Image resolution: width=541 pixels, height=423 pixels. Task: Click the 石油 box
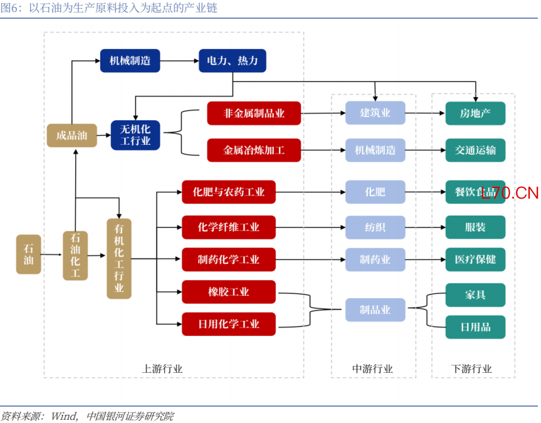tap(28, 254)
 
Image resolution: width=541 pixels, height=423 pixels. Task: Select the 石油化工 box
tap(75, 255)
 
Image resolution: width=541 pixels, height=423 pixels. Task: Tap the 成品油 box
tap(71, 135)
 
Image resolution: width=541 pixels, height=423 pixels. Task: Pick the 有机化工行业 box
tap(119, 258)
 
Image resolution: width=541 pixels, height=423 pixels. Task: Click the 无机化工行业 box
tap(135, 135)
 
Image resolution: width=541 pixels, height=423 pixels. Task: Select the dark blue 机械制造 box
tap(130, 61)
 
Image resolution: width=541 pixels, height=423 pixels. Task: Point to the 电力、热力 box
tap(232, 61)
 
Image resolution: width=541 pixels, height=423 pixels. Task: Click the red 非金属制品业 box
tap(254, 113)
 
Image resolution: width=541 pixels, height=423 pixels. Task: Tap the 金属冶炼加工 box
tap(254, 150)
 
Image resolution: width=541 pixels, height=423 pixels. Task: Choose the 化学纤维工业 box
tap(229, 227)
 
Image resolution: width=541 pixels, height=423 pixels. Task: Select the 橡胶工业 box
tap(229, 292)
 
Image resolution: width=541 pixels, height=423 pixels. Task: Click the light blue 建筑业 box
tap(375, 113)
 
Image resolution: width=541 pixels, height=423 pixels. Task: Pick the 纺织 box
tap(375, 227)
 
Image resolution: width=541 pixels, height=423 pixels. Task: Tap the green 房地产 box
tap(475, 113)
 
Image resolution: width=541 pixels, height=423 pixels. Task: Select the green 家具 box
tap(475, 295)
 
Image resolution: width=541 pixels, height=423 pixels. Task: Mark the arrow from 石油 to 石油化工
tap(52, 255)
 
